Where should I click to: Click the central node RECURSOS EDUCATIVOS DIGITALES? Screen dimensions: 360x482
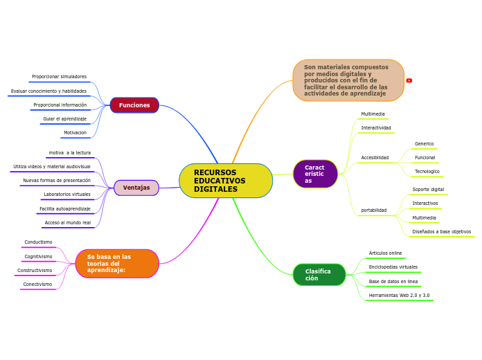(225, 181)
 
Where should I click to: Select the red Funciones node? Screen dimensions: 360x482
(134, 105)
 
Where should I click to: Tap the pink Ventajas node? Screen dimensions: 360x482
(136, 188)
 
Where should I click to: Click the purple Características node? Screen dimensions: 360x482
(315, 174)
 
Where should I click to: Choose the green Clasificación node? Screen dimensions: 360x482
(319, 275)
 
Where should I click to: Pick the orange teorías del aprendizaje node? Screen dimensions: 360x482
(116, 264)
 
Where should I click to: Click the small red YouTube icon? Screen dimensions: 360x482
(409, 80)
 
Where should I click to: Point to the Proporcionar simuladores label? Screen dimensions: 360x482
(60, 77)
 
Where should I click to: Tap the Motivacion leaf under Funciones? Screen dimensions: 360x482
(75, 133)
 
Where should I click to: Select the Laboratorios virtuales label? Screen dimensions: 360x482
(67, 195)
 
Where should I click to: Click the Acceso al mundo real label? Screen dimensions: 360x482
(68, 223)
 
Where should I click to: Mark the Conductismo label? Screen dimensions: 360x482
(38, 242)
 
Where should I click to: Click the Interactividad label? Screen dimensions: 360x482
(376, 128)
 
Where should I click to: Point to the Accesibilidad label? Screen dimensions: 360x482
(375, 158)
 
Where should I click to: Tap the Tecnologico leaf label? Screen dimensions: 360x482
(427, 172)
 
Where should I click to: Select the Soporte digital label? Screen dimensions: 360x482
(428, 190)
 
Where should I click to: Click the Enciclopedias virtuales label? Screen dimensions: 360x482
(393, 267)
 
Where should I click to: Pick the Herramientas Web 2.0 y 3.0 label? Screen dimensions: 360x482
(399, 296)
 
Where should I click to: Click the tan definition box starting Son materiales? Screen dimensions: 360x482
(348, 80)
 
